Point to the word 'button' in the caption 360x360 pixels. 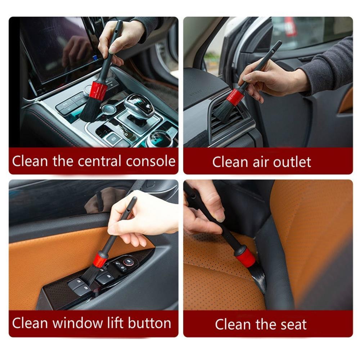coord(149,323)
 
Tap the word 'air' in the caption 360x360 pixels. coord(259,162)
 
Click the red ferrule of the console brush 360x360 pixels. coord(98,90)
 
